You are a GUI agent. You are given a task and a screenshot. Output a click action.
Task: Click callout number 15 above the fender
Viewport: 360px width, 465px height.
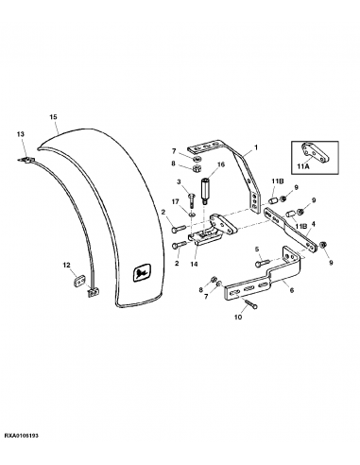click(x=53, y=117)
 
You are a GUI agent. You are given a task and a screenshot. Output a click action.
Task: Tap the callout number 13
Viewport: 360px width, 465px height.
click(x=20, y=135)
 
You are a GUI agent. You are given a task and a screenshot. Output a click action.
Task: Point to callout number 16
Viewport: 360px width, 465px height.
click(x=219, y=164)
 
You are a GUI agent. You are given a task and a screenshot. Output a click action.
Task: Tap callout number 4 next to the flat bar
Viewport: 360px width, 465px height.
click(x=313, y=224)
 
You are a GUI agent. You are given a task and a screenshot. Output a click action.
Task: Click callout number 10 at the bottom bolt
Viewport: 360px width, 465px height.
click(x=238, y=318)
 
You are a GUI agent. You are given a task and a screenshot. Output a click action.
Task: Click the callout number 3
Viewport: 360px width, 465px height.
click(x=177, y=181)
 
